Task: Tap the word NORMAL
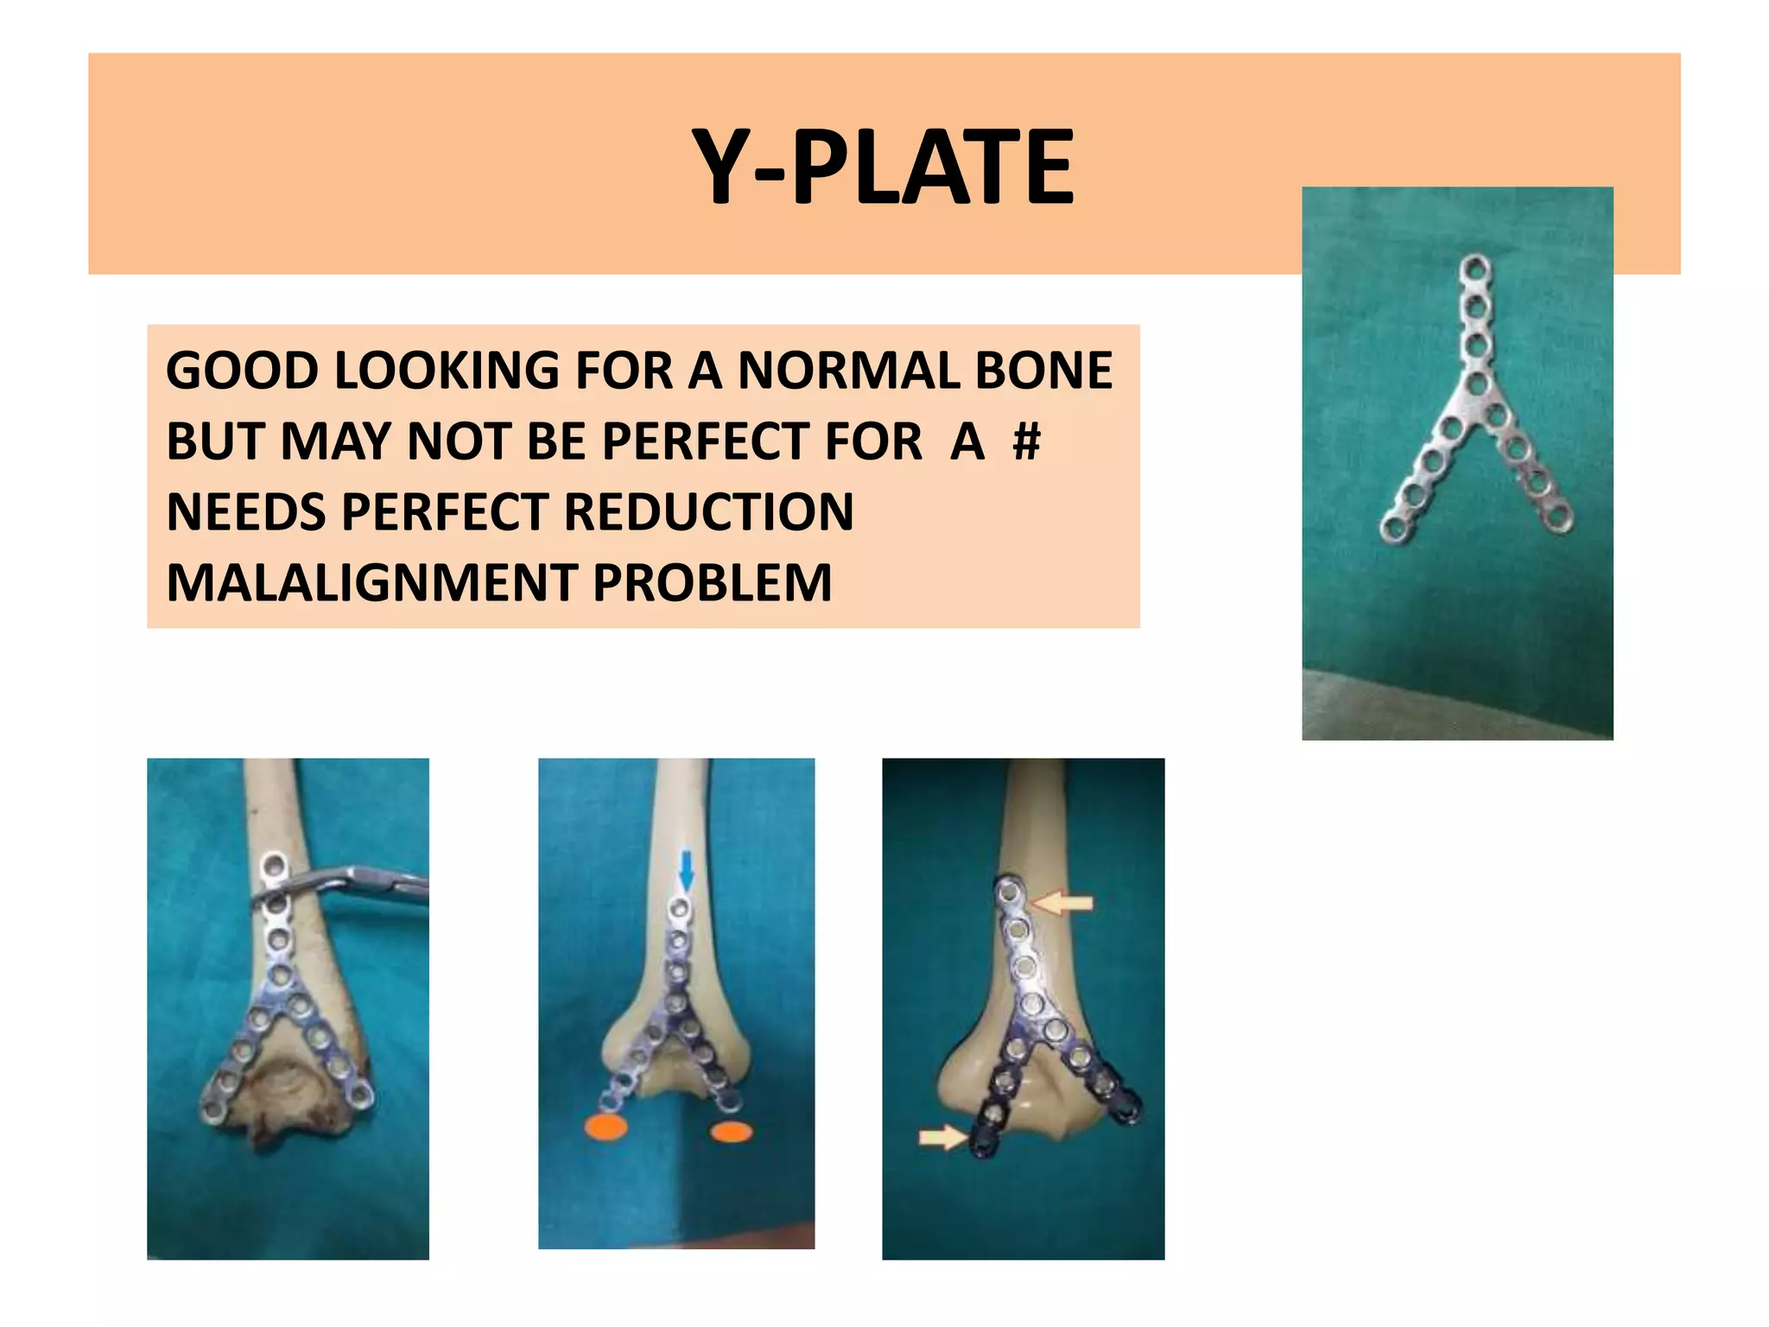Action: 847,371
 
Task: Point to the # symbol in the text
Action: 1026,441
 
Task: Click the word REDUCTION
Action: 708,511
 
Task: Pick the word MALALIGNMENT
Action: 371,582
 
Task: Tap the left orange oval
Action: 606,1127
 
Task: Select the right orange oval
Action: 731,1131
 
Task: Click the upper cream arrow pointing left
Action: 1063,904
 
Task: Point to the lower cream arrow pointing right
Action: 942,1136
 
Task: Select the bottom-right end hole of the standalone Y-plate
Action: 1560,519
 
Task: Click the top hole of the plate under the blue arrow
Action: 681,909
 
